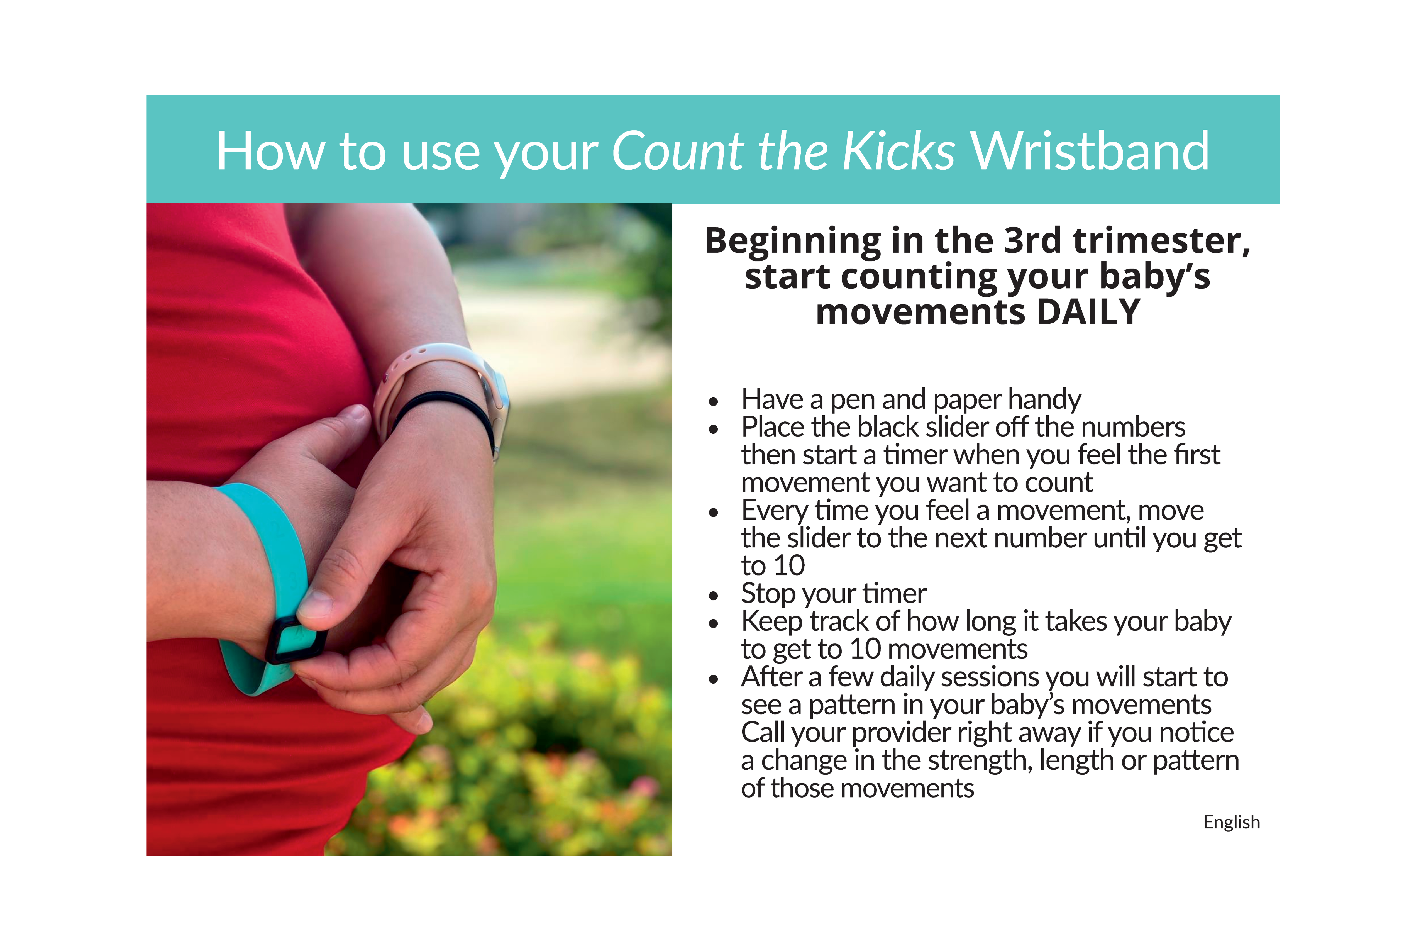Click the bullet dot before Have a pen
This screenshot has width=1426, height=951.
[714, 401]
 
